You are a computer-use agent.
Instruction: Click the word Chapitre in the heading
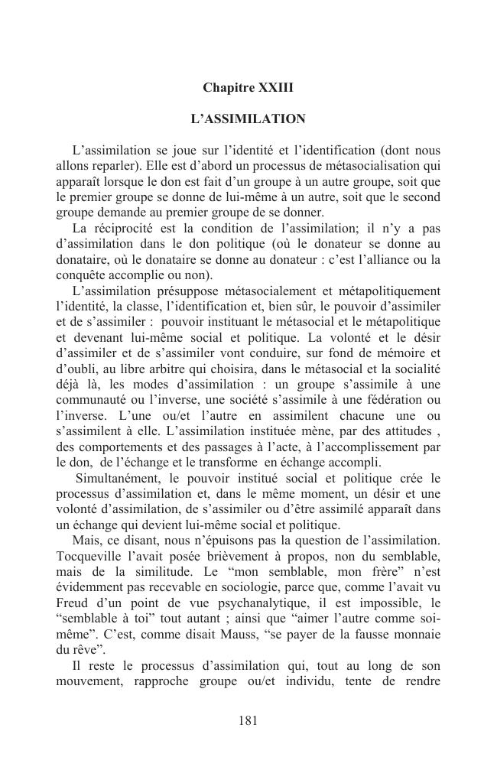[226, 88]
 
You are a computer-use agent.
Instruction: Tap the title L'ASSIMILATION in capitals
[248, 119]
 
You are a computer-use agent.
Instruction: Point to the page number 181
[248, 720]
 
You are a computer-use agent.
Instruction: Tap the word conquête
[80, 275]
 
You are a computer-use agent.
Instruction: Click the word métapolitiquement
[387, 291]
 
